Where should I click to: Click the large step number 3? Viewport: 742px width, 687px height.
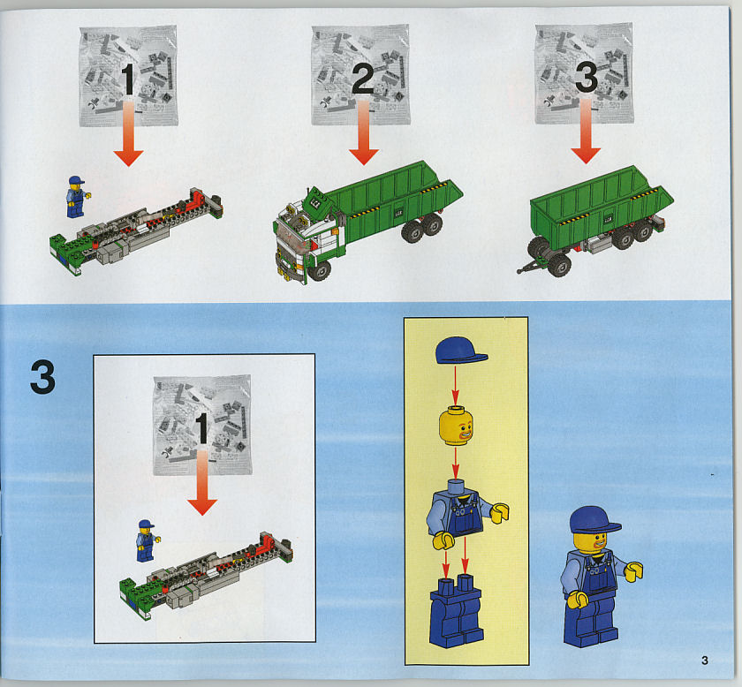pyautogui.click(x=42, y=378)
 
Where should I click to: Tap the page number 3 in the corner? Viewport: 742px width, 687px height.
pyautogui.click(x=705, y=660)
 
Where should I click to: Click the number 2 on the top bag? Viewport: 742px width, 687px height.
pyautogui.click(x=362, y=79)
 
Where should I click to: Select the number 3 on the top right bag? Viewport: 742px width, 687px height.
pyautogui.click(x=587, y=78)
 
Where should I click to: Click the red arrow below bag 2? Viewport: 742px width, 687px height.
pyautogui.click(x=363, y=132)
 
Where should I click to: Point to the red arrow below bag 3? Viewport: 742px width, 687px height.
pyautogui.click(x=586, y=131)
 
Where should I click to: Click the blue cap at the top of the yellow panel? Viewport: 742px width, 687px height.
pyautogui.click(x=460, y=351)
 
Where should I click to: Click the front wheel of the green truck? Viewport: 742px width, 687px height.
pyautogui.click(x=320, y=270)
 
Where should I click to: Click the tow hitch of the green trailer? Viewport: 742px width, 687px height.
pyautogui.click(x=526, y=267)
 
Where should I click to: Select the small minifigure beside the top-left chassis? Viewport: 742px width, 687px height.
pyautogui.click(x=77, y=197)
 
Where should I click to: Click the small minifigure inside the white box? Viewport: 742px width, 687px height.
pyautogui.click(x=148, y=540)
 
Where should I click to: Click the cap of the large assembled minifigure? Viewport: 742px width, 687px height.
pyautogui.click(x=594, y=520)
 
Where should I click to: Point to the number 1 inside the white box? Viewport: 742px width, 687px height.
pyautogui.click(x=201, y=428)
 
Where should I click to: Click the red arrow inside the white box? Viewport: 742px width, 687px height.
pyautogui.click(x=202, y=482)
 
